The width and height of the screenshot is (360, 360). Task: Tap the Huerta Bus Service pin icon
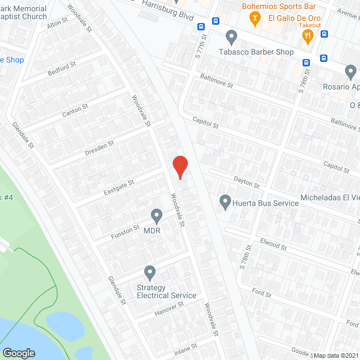pyautogui.click(x=225, y=201)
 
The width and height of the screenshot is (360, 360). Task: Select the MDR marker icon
pyautogui.click(x=156, y=215)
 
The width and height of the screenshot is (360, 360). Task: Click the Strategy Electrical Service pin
pyautogui.click(x=150, y=273)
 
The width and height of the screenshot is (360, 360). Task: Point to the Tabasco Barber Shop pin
pyautogui.click(x=231, y=38)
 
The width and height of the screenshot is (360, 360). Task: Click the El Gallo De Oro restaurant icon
pyautogui.click(x=307, y=37)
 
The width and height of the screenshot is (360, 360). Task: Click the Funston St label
pyautogui.click(x=124, y=231)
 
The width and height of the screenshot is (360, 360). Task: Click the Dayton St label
pyautogui.click(x=247, y=182)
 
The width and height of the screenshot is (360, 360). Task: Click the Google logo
pyautogui.click(x=19, y=353)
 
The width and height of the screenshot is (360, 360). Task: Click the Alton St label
pyautogui.click(x=57, y=25)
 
